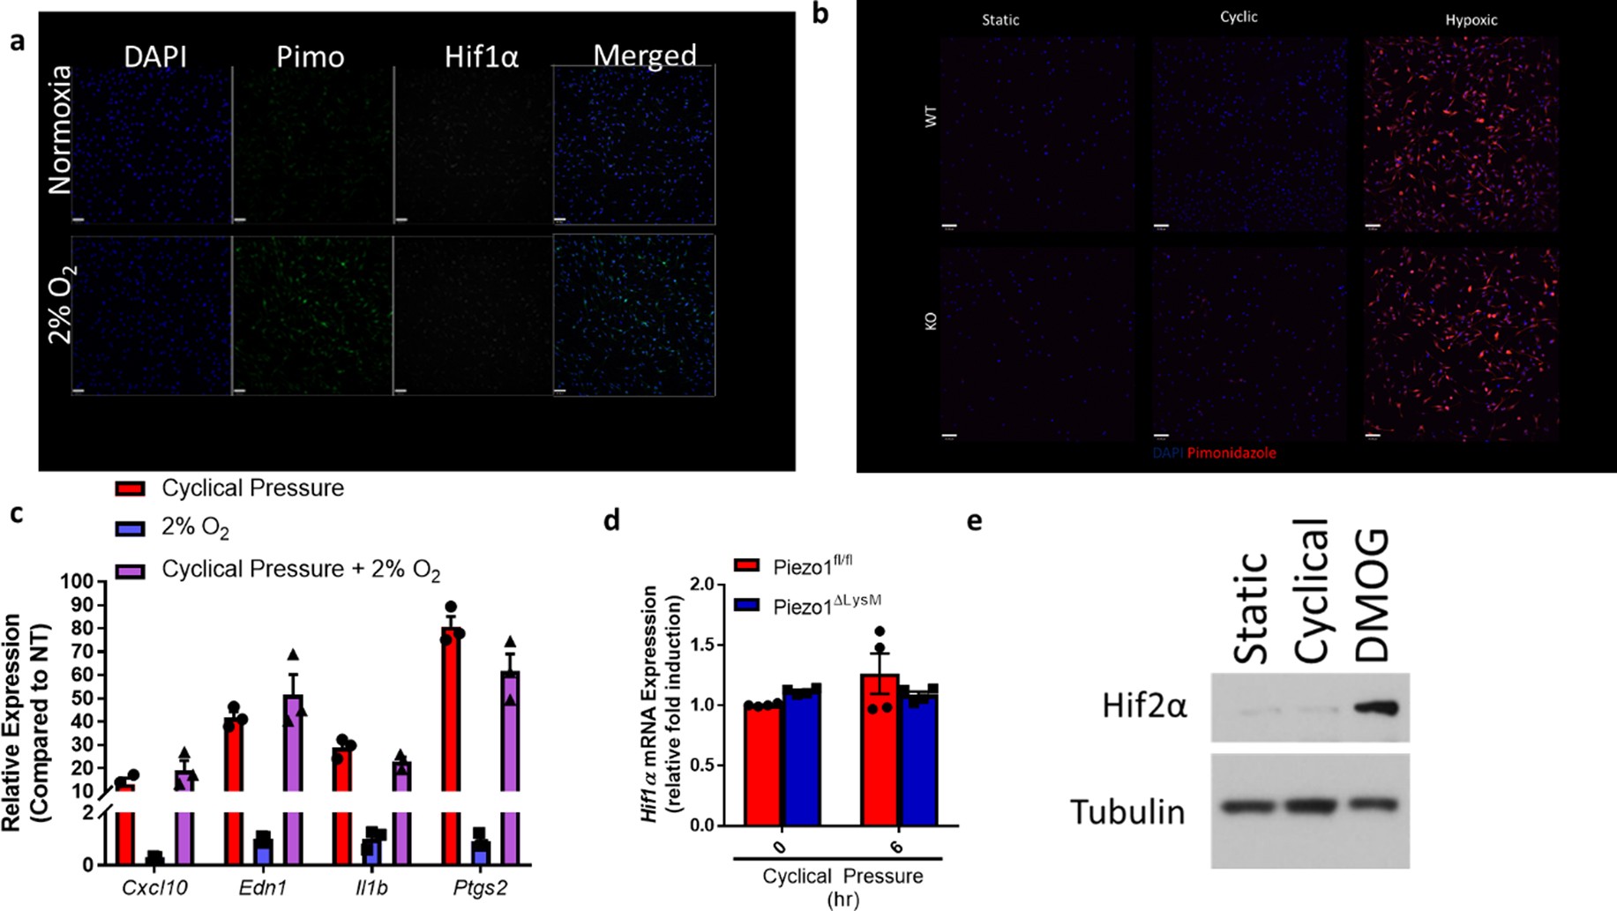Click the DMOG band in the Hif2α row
1376,707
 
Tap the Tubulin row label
1127,811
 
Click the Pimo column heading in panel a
310,56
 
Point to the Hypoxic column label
1471,19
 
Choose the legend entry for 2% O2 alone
194,528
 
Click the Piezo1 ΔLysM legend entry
826,605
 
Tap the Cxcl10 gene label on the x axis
154,887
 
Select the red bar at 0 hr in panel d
762,765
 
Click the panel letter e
974,521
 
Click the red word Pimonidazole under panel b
1231,452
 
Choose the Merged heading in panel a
644,56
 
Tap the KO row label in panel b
931,320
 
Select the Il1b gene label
371,887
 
